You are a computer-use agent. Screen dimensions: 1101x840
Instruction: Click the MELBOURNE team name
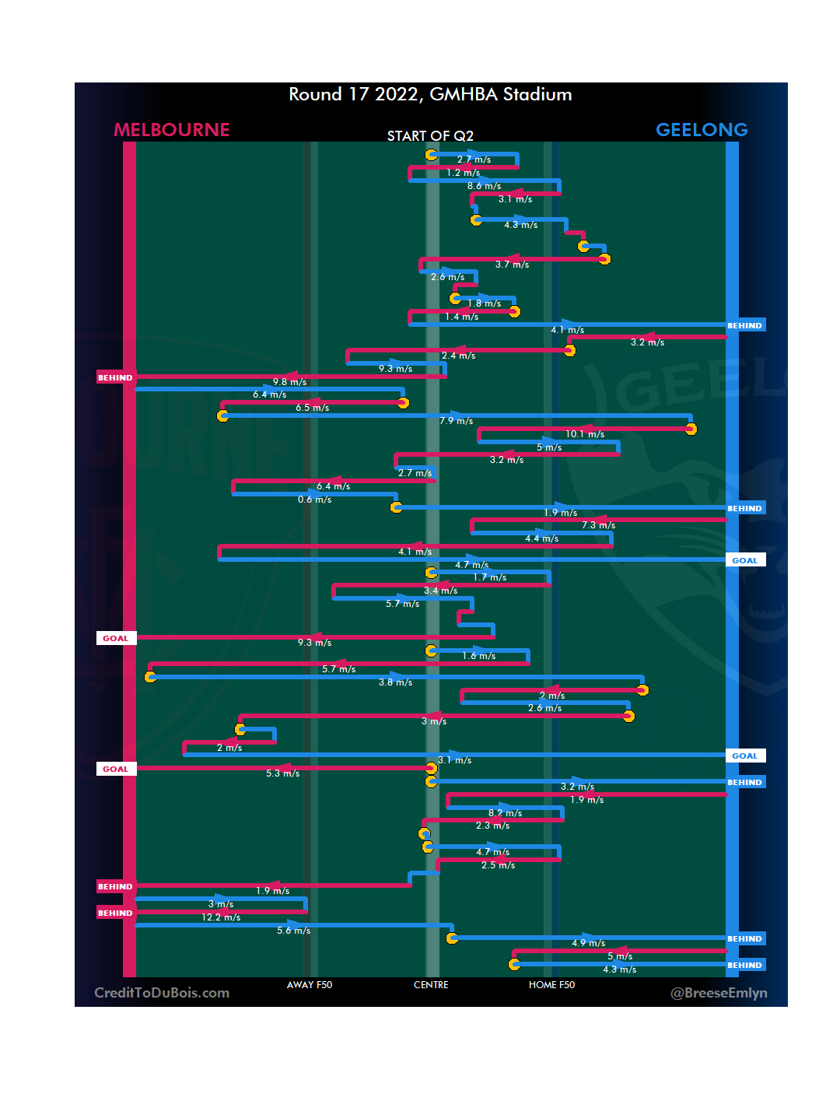[x=172, y=130]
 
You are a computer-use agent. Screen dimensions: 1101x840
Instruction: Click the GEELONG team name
[x=702, y=130]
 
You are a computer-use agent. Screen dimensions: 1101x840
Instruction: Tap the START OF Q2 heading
[x=430, y=136]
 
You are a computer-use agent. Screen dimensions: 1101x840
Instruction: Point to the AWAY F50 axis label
[x=310, y=985]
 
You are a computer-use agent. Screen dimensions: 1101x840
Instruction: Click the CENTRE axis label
[x=431, y=985]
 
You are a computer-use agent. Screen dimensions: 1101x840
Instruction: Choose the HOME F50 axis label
[x=551, y=985]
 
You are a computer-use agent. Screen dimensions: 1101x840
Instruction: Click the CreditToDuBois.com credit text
[x=162, y=993]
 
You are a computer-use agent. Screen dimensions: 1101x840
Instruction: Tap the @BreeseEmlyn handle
[x=719, y=993]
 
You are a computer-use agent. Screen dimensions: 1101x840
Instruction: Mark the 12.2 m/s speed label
[x=221, y=917]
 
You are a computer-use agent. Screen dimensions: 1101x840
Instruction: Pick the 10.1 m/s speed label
[x=585, y=434]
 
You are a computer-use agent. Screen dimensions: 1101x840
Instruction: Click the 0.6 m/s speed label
[x=314, y=500]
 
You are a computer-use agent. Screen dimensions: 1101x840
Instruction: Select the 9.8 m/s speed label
[x=289, y=382]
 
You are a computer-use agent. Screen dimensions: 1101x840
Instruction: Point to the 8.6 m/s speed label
[x=484, y=186]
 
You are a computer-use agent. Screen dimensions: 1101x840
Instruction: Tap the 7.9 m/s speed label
[x=456, y=421]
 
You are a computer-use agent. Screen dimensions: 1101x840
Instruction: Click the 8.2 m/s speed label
[x=505, y=813]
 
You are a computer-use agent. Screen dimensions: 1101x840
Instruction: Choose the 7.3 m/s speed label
[x=598, y=525]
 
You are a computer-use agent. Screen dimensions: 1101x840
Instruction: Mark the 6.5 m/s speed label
[x=312, y=408]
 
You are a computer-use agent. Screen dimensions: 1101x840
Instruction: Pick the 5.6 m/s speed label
[x=293, y=931]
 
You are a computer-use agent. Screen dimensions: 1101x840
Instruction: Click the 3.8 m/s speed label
[x=395, y=682]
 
